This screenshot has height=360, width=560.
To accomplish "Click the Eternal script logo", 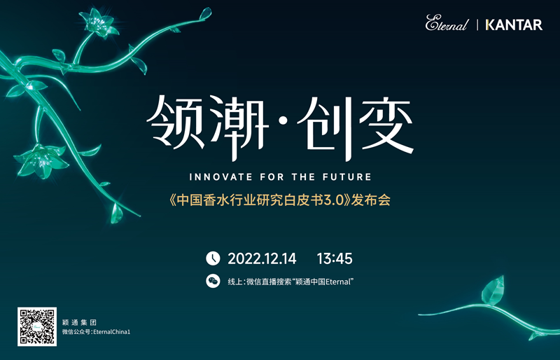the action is click(x=447, y=23).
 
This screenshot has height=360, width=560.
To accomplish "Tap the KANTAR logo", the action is click(x=514, y=25).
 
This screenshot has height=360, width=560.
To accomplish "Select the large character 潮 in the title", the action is click(x=239, y=127).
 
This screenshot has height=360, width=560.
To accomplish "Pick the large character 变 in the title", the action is click(x=386, y=124).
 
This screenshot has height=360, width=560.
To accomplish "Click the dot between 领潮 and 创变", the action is click(x=283, y=122).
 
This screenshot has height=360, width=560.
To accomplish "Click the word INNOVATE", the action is click(x=220, y=177).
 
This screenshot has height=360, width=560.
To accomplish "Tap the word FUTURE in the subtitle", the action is click(x=347, y=177).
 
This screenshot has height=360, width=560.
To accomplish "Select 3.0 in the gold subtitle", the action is click(x=334, y=200).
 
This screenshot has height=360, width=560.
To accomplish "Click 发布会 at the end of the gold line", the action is click(x=371, y=200).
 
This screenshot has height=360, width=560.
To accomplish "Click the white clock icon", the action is click(x=213, y=258).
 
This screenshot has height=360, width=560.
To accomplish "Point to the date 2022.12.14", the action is click(x=262, y=258).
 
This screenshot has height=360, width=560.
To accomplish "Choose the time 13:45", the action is click(x=335, y=258).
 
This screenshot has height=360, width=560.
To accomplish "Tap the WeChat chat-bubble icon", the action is click(x=213, y=281).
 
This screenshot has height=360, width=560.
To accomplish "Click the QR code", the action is click(x=37, y=326).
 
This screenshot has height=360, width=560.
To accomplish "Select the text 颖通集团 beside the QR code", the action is click(x=79, y=322).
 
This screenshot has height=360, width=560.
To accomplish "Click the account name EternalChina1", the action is click(x=112, y=332).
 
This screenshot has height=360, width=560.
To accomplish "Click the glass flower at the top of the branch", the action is click(x=98, y=22).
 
